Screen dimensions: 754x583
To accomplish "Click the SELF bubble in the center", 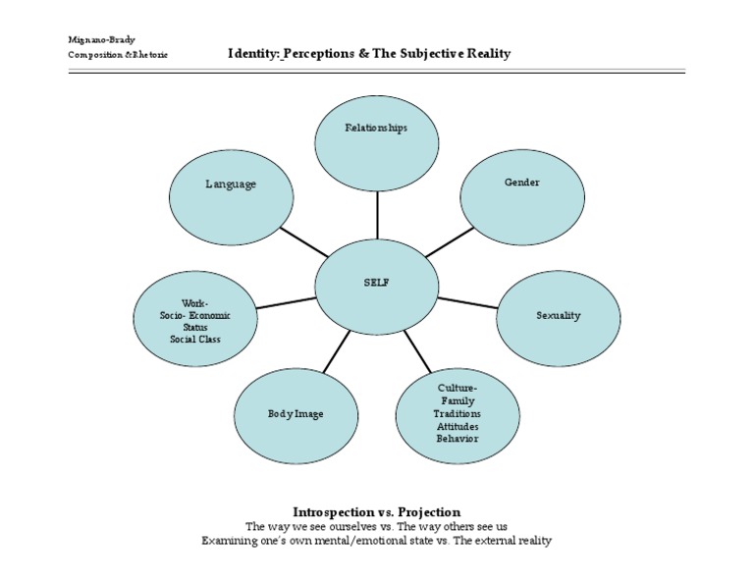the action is (x=376, y=283).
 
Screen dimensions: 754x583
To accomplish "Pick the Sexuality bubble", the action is (x=558, y=316).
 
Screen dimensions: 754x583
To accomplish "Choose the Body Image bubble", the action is (x=296, y=414).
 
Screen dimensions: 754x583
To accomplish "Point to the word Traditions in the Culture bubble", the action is (x=458, y=414).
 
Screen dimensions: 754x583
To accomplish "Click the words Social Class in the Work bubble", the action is (x=195, y=340).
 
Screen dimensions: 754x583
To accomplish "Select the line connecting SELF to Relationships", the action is (x=376, y=214).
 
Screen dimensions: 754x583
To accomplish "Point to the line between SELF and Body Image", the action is (x=335, y=352).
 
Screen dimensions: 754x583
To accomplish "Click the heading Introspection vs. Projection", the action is (x=376, y=512).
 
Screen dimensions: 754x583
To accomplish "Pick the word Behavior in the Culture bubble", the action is (x=458, y=439).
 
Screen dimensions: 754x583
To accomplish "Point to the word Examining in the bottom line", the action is (x=229, y=541).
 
